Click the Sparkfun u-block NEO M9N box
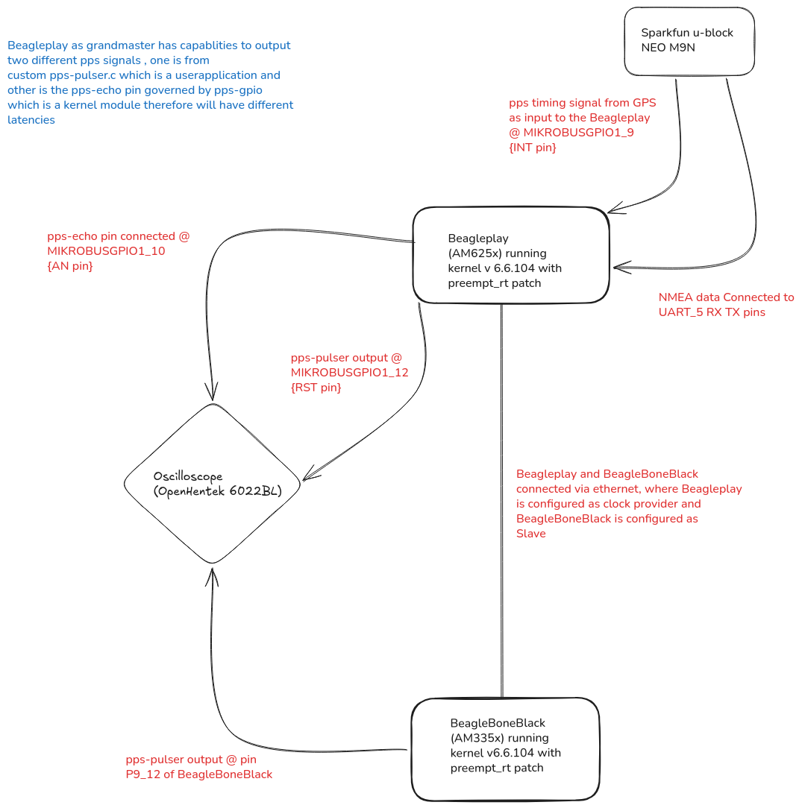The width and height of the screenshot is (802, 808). (689, 41)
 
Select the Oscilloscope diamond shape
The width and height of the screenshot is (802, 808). (212, 483)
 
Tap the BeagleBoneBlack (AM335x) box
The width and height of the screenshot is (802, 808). (505, 749)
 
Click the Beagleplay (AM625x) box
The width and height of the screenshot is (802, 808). (511, 255)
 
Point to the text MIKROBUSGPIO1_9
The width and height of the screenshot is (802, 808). (578, 133)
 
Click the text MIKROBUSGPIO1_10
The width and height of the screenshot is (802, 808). (106, 251)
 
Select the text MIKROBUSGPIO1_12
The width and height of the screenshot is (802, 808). (350, 372)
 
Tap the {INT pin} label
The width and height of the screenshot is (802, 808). (532, 148)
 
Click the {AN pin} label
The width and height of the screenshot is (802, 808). (70, 266)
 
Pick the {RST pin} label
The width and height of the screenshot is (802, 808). (316, 387)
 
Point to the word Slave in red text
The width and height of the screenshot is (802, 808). (530, 534)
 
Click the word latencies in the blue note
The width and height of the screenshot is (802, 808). (31, 119)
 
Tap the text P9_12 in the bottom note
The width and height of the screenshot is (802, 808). (142, 774)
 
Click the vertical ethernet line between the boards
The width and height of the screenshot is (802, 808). (502, 500)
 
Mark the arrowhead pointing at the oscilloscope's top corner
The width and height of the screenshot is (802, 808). (212, 391)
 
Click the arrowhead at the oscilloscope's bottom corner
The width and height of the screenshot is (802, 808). (212, 577)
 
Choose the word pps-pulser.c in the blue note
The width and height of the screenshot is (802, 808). (83, 75)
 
